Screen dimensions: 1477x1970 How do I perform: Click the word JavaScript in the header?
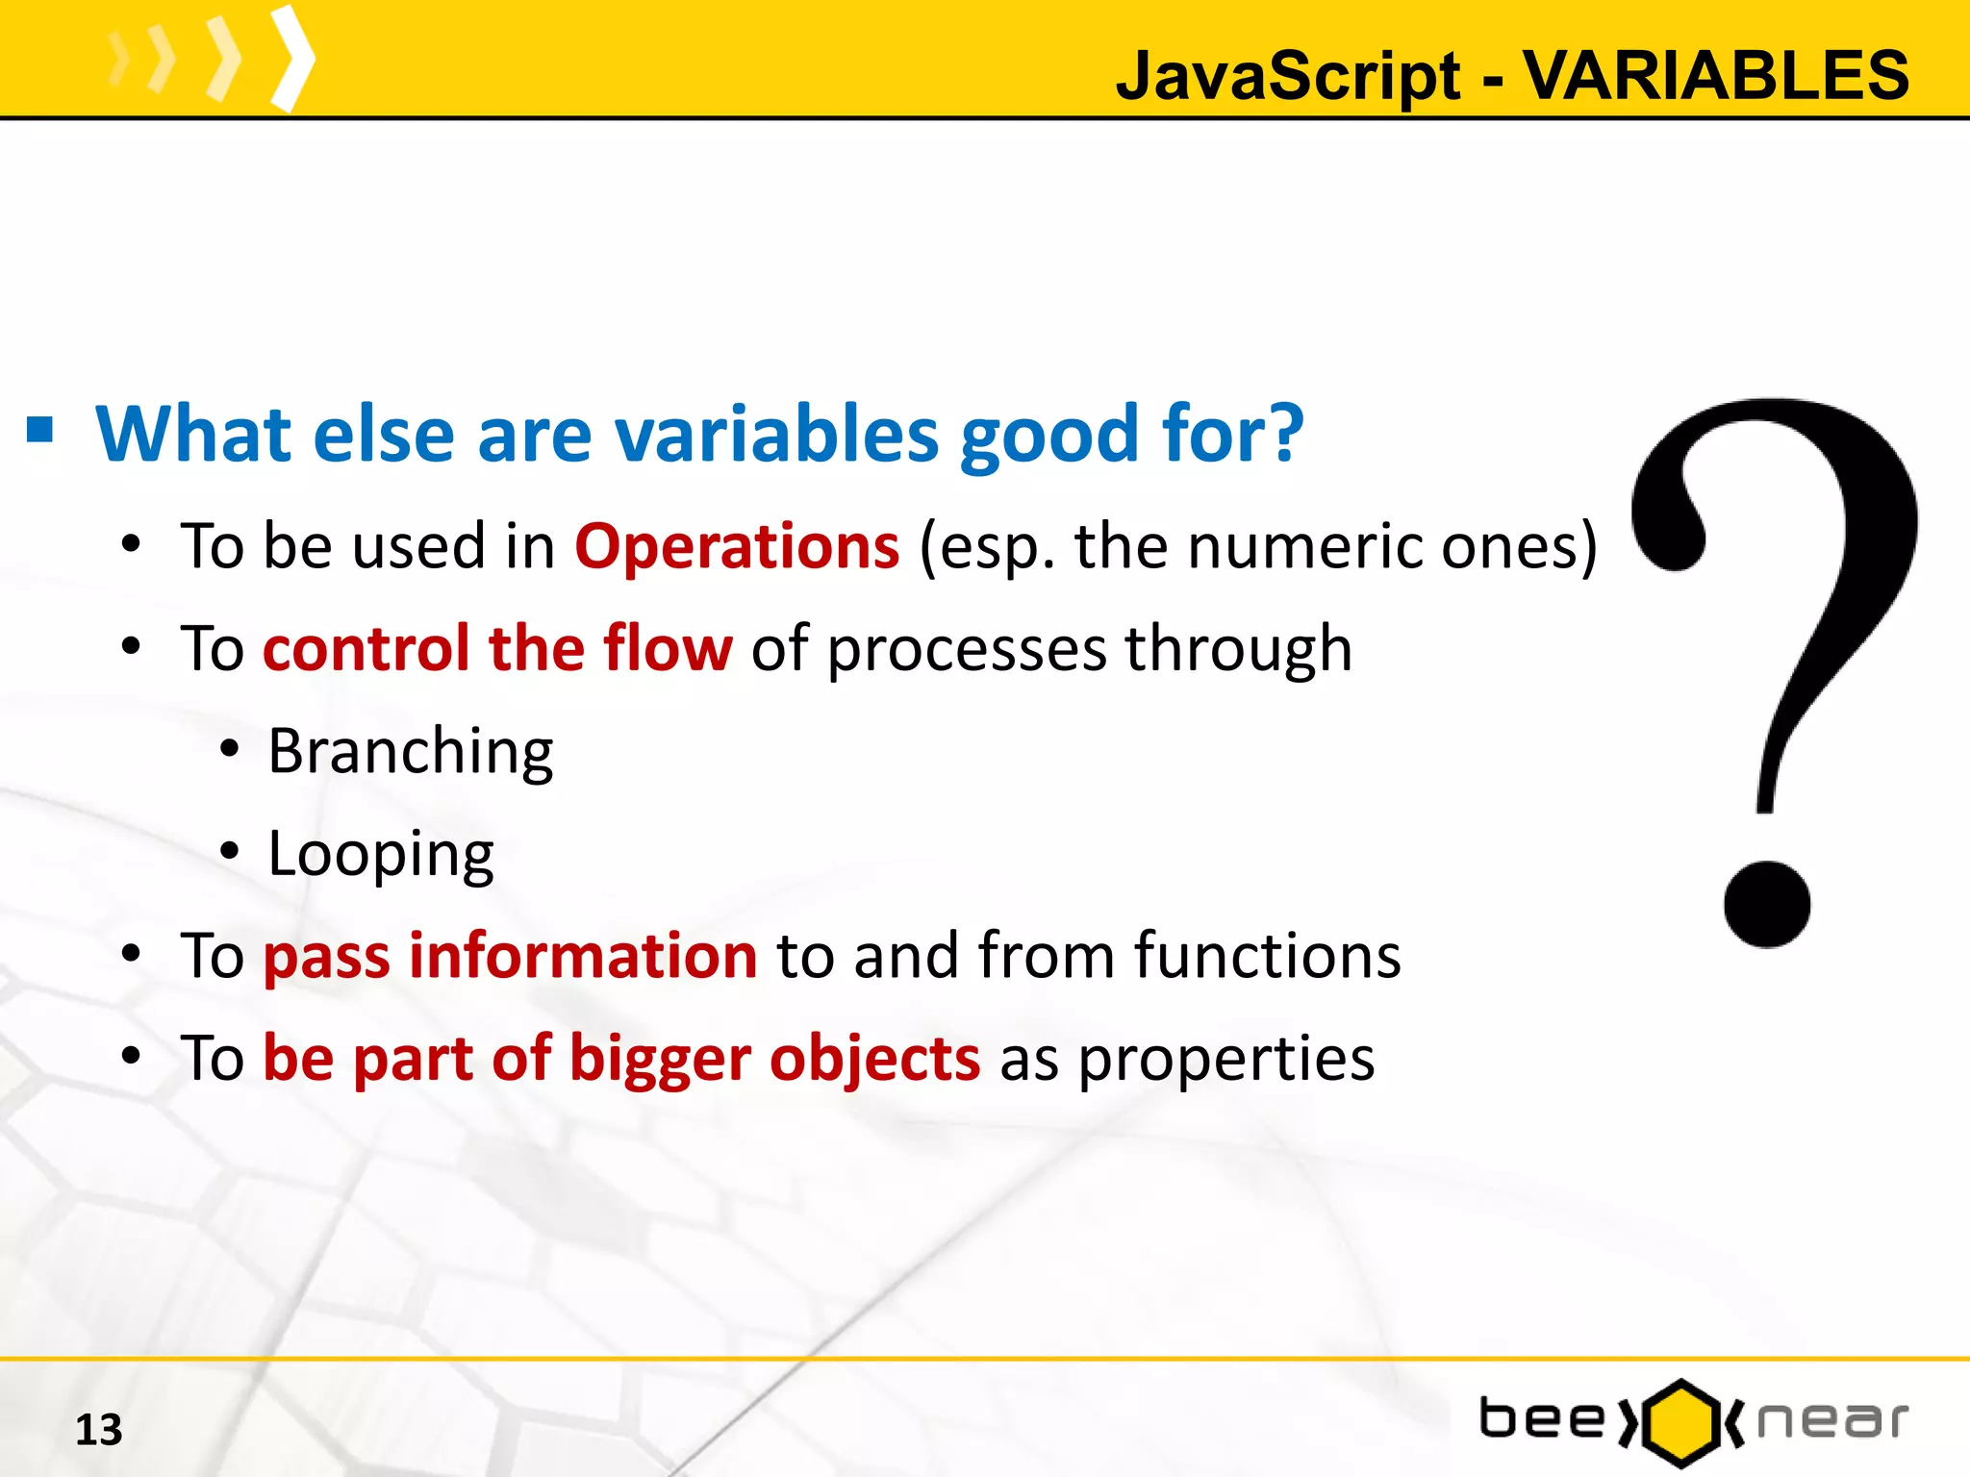[x=1288, y=77]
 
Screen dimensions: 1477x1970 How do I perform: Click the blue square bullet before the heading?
[x=40, y=430]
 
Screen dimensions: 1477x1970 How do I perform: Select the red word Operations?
[x=737, y=546]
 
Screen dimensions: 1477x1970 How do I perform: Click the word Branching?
[x=411, y=752]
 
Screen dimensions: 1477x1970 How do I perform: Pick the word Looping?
[x=381, y=854]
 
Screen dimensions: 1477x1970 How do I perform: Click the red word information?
[x=583, y=956]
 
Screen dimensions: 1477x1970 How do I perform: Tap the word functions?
[x=1267, y=956]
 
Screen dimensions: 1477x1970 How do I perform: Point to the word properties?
[x=1225, y=1060]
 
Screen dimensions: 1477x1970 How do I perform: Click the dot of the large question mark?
[x=1766, y=904]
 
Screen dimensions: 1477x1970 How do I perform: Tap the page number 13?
[x=99, y=1430]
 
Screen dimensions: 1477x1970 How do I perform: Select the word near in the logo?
[x=1831, y=1421]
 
